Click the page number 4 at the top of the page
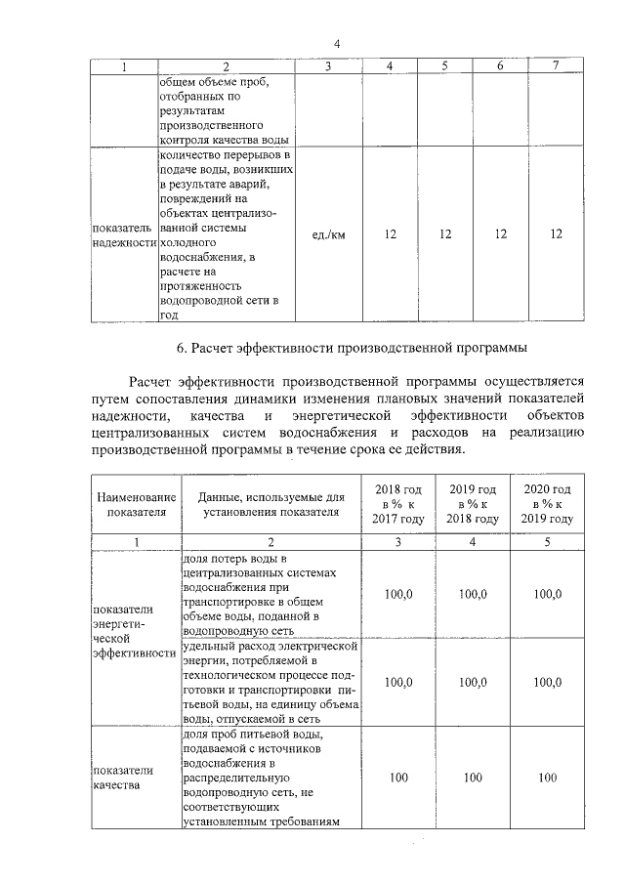point(336,43)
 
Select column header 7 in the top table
point(556,65)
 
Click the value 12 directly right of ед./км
point(390,234)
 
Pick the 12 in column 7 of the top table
point(556,234)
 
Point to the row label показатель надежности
point(124,234)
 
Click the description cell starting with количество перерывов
point(225,234)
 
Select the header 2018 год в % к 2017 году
point(397,503)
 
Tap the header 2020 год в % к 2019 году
point(548,503)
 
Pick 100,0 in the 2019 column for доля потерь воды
point(474,594)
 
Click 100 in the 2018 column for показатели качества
point(397,778)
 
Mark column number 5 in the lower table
point(548,540)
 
